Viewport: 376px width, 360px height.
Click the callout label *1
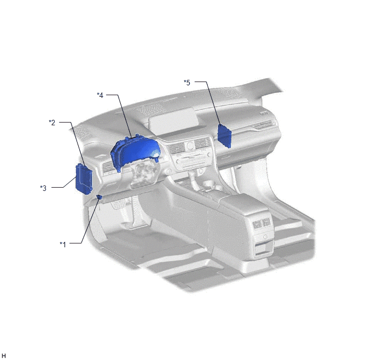pos(63,245)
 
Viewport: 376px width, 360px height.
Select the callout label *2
pos(52,123)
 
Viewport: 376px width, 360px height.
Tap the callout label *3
pos(43,188)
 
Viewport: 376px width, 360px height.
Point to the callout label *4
pos(100,95)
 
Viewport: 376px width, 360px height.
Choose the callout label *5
pos(187,83)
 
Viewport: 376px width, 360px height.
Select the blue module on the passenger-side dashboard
pos(224,136)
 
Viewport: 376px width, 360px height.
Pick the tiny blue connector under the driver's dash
pos(99,197)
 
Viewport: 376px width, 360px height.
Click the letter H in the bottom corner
pos(3,356)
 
